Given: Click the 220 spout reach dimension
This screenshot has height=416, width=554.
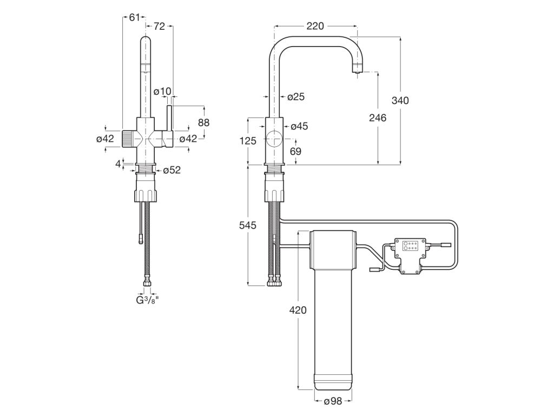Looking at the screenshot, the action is [x=315, y=26].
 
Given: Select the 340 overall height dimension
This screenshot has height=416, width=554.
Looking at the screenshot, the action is [x=400, y=100].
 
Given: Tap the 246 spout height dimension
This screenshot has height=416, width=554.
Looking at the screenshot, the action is [x=378, y=118].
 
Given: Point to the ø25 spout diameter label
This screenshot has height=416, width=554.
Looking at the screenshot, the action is [x=296, y=96].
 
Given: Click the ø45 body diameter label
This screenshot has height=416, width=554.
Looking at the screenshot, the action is [x=299, y=126].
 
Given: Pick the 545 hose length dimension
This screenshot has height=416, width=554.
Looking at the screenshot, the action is [x=248, y=225].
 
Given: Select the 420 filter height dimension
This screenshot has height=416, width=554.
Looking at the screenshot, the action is [x=298, y=310].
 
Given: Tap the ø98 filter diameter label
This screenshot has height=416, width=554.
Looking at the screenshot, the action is [x=333, y=401].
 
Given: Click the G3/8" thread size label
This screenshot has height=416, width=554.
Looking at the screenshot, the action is [x=148, y=300].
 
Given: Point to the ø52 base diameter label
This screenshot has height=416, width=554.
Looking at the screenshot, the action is [x=172, y=170].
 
